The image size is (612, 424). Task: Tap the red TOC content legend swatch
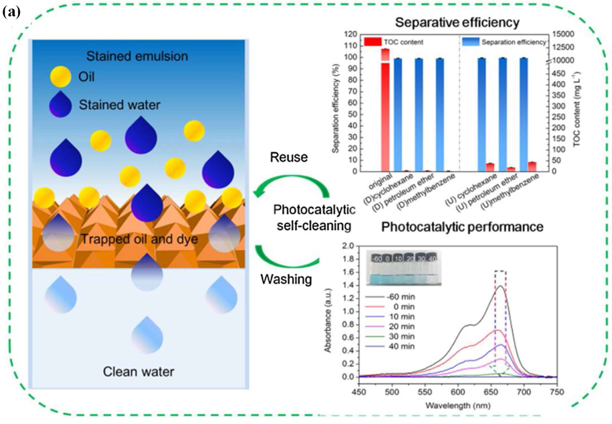[x=373, y=42]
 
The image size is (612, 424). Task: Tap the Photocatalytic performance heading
[x=462, y=227]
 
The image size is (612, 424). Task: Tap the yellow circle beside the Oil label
[x=61, y=77]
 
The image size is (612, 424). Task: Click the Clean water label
[x=138, y=372]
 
